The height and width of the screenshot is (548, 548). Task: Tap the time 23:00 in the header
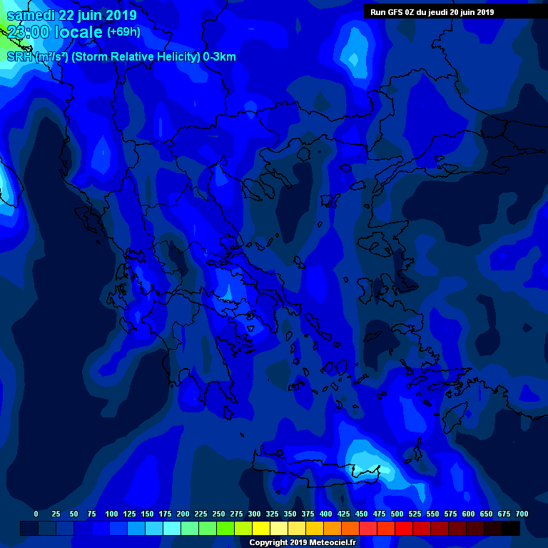(28, 32)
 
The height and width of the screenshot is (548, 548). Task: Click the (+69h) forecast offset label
(123, 32)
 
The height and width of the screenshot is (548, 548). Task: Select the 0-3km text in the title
(220, 57)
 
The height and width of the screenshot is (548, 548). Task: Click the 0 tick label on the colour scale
(36, 514)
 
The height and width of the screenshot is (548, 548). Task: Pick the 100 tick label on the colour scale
(111, 514)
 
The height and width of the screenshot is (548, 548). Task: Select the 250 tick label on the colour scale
(219, 514)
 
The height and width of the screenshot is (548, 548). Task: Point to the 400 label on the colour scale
(326, 514)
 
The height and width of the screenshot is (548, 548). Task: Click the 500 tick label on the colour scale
(397, 514)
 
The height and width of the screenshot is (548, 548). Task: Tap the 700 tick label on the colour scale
(522, 514)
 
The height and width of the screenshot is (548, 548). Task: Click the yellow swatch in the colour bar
(261, 528)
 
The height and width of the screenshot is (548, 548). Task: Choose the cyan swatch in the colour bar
(172, 528)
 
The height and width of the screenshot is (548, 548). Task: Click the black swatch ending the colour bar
(511, 528)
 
